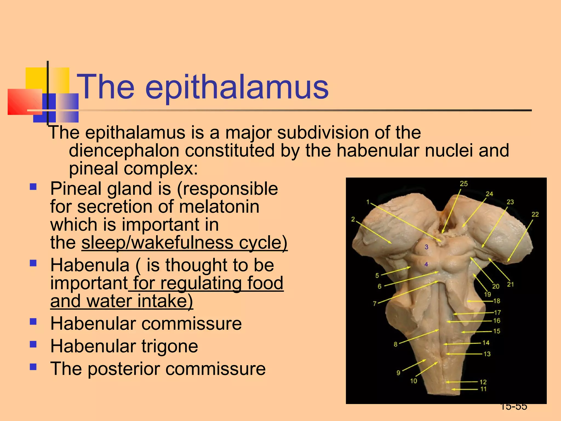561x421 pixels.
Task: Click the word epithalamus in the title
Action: tap(237, 87)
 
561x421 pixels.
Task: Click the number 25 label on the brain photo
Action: tap(463, 184)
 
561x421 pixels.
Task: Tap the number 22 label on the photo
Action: tap(535, 214)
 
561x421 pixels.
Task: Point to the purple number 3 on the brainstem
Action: tap(426, 247)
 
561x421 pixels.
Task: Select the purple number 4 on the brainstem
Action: tap(426, 264)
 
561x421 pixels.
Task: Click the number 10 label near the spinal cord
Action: tap(413, 381)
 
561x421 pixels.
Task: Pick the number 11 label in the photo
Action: tap(483, 389)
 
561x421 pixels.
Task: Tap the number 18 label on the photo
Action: tap(497, 301)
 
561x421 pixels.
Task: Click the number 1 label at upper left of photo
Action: tap(368, 202)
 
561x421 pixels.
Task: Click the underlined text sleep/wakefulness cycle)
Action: tap(184, 243)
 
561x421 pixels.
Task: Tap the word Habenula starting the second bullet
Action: tap(90, 265)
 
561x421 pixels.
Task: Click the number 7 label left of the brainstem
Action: tap(374, 303)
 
